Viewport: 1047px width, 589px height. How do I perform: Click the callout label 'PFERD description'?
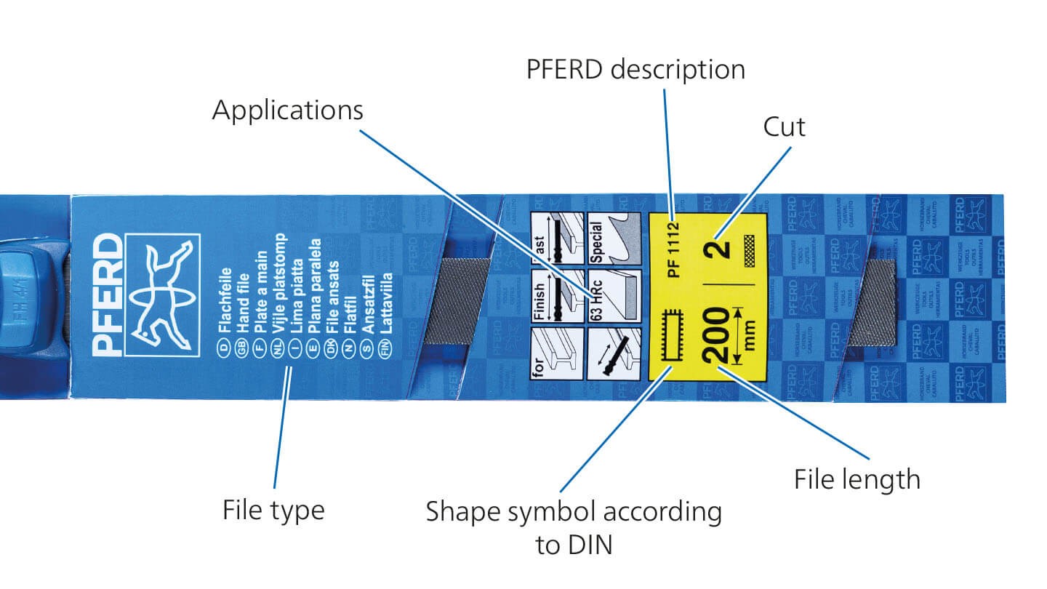pos(635,70)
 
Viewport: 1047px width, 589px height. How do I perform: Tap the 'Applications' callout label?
pos(287,111)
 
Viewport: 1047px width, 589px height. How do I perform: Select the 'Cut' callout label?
pos(784,127)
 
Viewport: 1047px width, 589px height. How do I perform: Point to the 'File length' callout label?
pos(857,480)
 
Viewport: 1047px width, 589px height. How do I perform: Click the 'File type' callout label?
pos(273,510)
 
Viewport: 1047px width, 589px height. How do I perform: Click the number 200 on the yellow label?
pos(715,335)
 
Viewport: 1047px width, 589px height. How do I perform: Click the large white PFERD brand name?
pos(109,294)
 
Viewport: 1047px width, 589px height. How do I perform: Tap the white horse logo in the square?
pos(162,294)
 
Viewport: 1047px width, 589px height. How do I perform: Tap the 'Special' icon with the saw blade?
pos(614,239)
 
